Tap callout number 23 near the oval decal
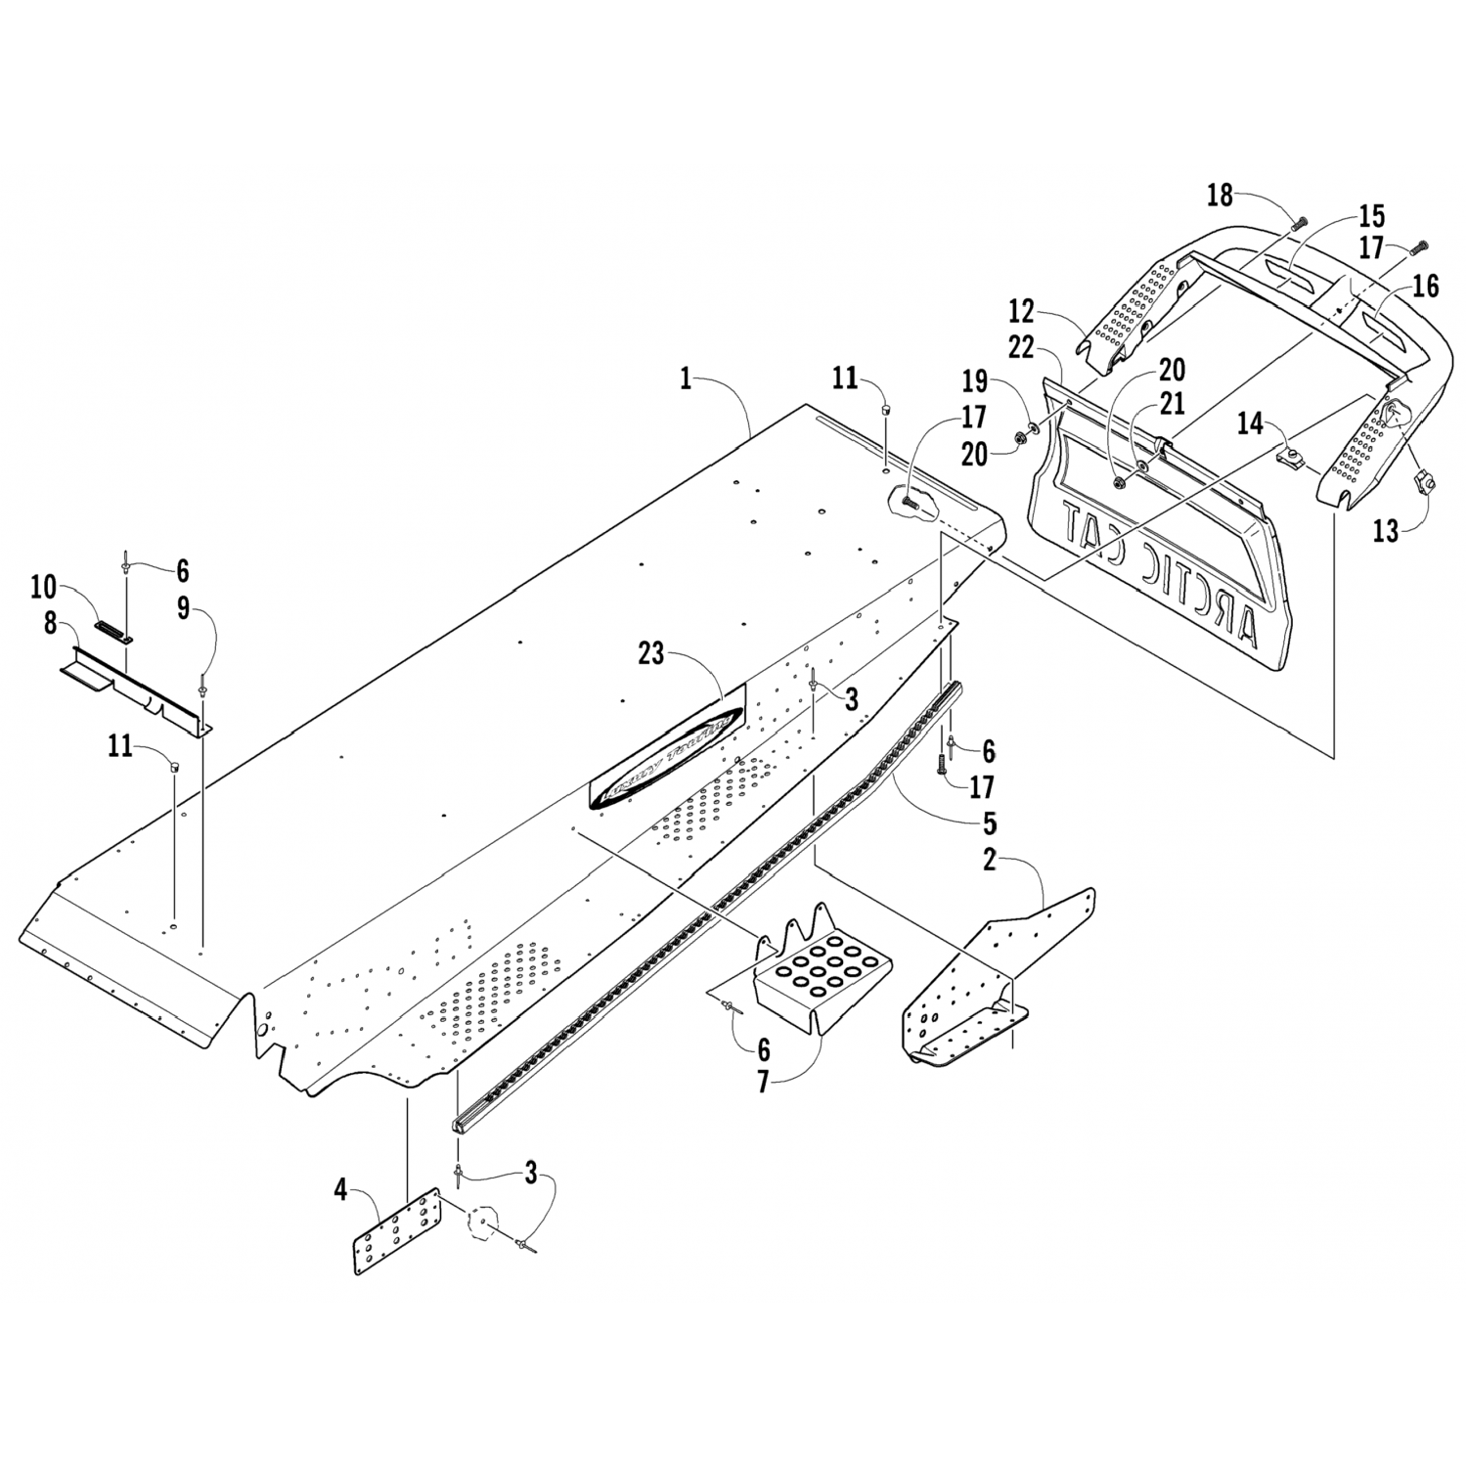651,654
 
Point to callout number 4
340,1191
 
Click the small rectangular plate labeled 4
396,1230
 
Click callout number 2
989,861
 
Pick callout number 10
43,587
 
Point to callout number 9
183,609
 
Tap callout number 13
1387,531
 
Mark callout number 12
1021,312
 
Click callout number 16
1425,286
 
